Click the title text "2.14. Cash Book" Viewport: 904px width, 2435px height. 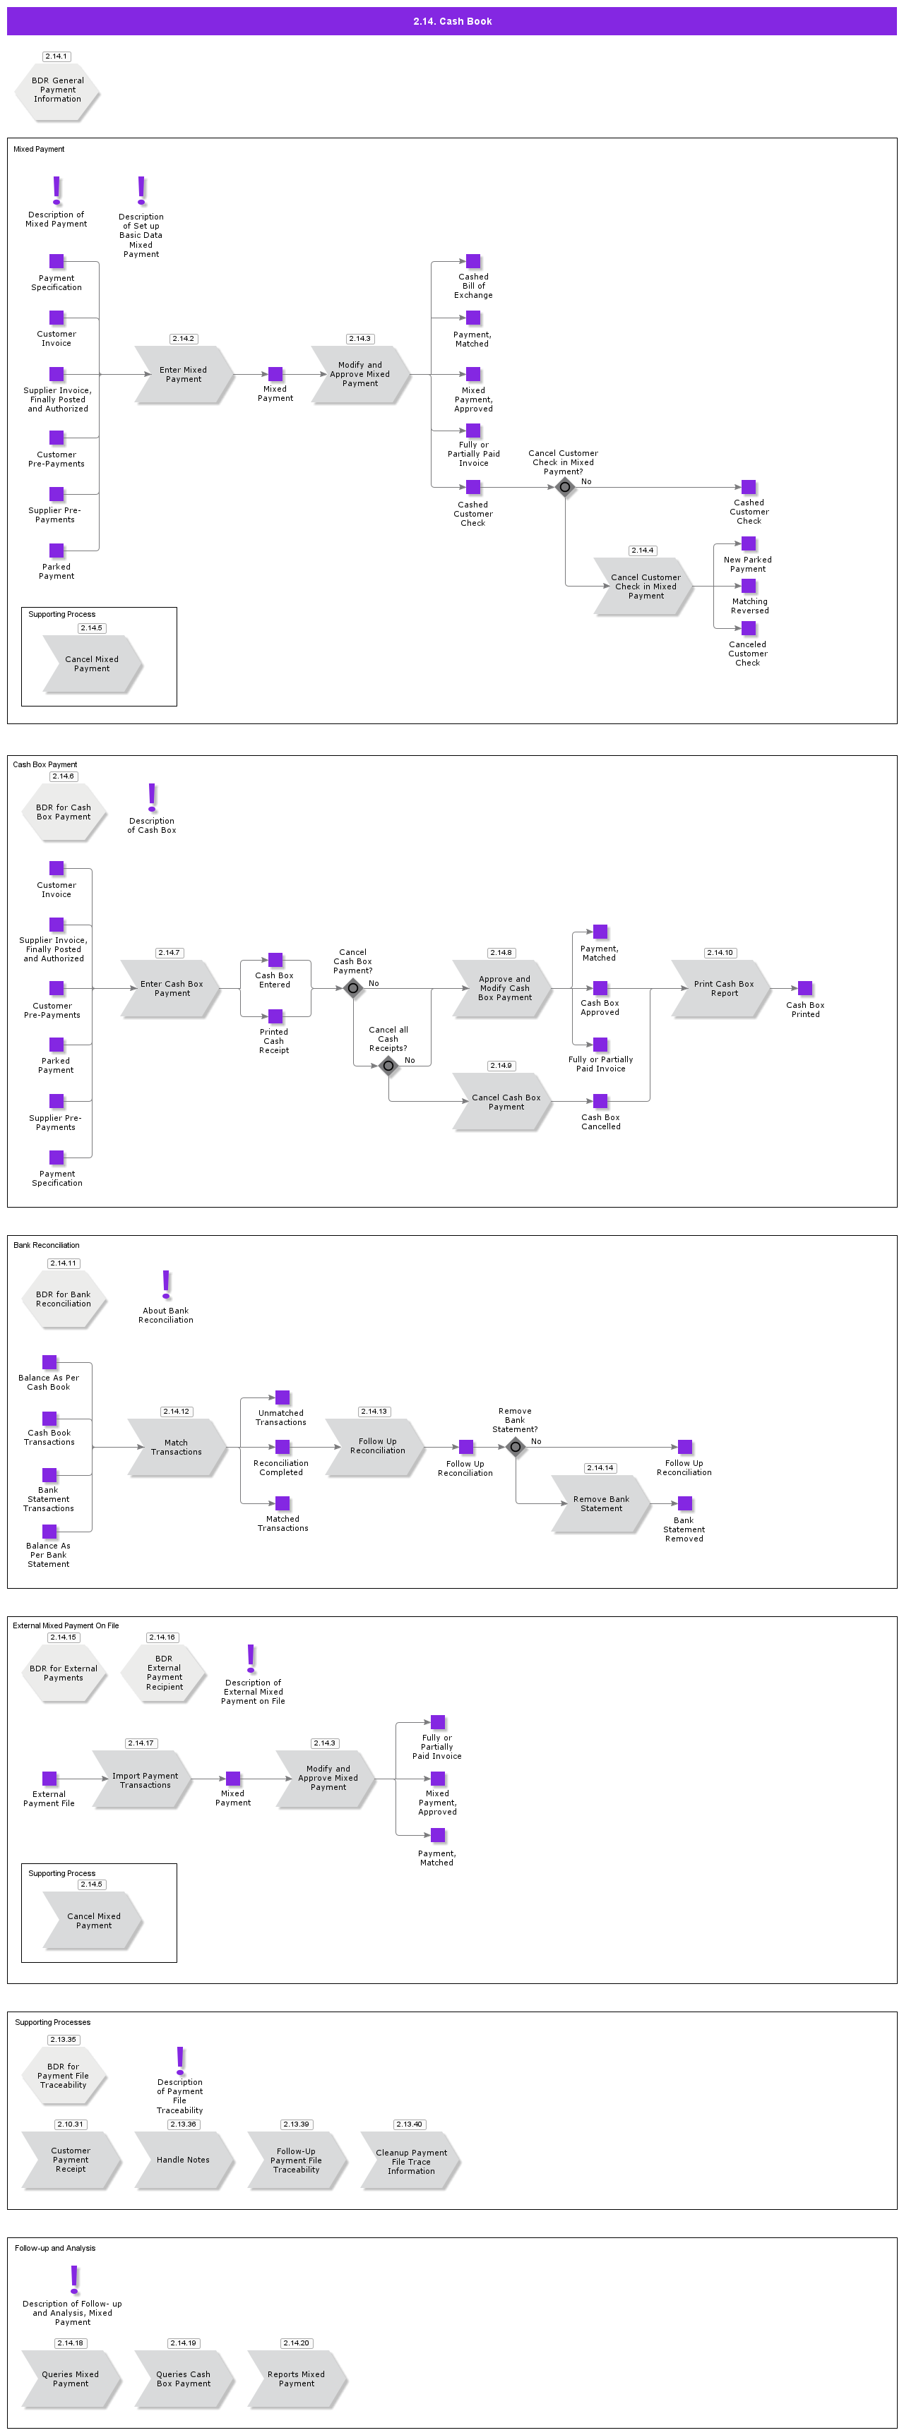click(x=452, y=20)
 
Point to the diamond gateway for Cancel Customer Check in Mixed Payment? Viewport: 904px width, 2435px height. click(x=564, y=487)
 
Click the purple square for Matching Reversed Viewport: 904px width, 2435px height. click(x=749, y=586)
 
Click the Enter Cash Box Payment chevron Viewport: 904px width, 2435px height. click(x=171, y=989)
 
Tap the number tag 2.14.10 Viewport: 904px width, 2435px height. click(x=720, y=953)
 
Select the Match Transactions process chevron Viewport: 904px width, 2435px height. click(x=177, y=1447)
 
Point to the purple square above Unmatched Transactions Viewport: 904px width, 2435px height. click(x=282, y=1397)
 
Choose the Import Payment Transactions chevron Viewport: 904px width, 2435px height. click(x=144, y=1780)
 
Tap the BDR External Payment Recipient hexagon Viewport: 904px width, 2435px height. click(x=164, y=1673)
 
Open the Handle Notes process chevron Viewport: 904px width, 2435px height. click(x=184, y=2160)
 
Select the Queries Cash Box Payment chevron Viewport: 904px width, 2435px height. click(x=184, y=2379)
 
